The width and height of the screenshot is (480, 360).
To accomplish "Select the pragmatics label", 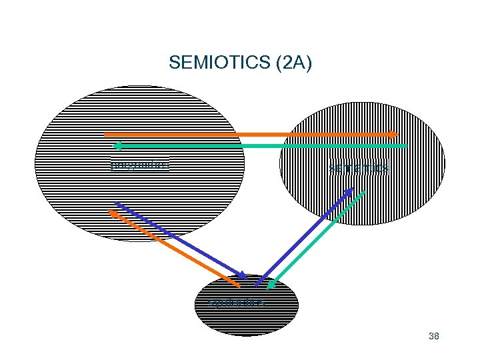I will [139, 163].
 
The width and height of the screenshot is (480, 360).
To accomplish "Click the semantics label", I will [359, 169].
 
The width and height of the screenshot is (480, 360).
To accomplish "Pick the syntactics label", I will [237, 303].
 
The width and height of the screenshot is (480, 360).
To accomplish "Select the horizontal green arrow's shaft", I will [260, 145].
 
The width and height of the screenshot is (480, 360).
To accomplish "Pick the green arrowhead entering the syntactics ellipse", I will [271, 285].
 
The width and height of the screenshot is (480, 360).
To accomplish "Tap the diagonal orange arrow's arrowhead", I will [113, 213].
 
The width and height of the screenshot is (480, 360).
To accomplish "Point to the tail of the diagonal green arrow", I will [364, 193].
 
